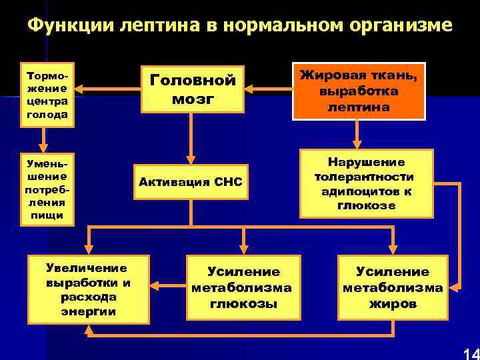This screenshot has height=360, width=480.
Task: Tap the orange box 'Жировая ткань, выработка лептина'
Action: [x=359, y=90]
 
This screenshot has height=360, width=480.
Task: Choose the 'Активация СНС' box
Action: [x=191, y=182]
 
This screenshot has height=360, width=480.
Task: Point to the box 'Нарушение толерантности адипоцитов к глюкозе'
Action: [x=366, y=183]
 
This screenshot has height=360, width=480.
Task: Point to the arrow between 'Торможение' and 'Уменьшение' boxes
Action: [x=43, y=139]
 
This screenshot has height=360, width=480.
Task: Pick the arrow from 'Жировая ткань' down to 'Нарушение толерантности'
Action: [x=359, y=134]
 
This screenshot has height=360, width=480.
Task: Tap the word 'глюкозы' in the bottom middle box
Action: [x=242, y=304]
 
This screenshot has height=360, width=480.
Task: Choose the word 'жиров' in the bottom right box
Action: [x=393, y=304]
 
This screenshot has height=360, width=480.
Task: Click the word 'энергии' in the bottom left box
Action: [x=87, y=311]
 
